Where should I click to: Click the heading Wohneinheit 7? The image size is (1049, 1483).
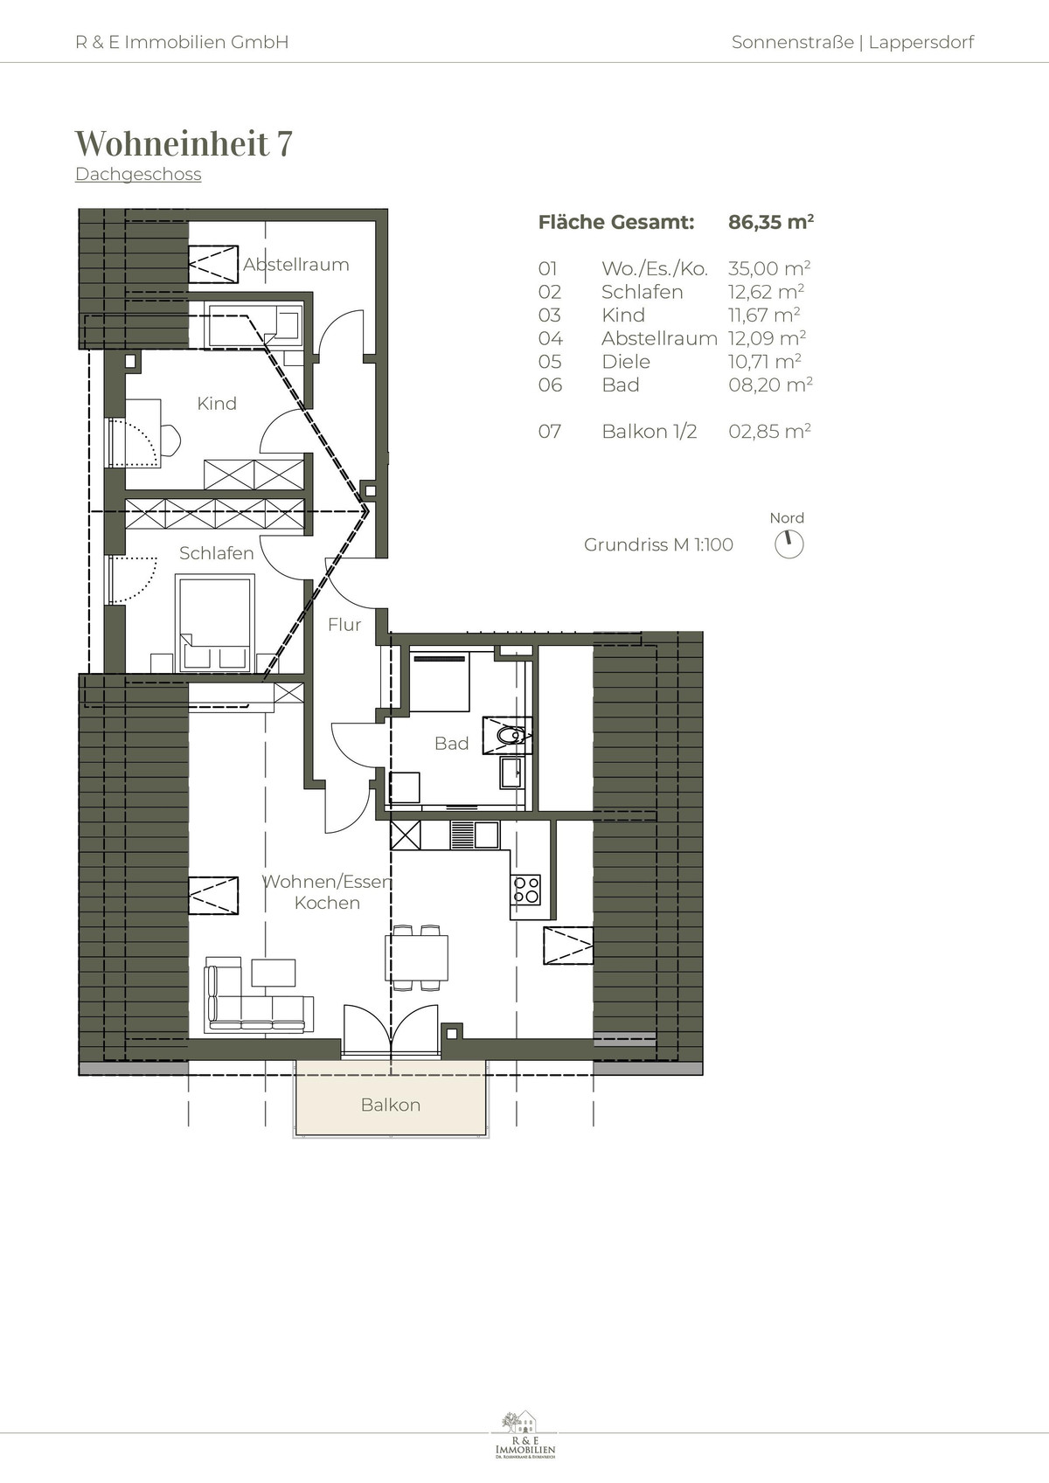pos(184,143)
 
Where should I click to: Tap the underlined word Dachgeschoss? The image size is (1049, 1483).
pos(138,174)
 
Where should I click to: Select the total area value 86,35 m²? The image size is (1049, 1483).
pos(771,222)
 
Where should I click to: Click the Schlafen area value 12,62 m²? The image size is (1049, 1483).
pos(767,291)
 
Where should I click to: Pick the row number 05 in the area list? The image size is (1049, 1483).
pos(550,362)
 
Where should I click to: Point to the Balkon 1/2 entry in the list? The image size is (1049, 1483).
pos(649,431)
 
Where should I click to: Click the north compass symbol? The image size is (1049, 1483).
pos(789,544)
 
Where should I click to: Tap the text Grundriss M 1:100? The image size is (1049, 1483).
pos(658,544)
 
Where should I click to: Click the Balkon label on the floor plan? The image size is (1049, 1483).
pos(391,1105)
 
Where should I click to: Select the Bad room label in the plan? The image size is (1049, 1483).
pos(452,744)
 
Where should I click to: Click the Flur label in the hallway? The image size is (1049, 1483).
pos(344,624)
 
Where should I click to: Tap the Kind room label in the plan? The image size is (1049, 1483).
pos(217,403)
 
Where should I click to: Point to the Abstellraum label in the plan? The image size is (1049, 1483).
pos(296,265)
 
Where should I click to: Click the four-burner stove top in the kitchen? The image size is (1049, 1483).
pos(526,890)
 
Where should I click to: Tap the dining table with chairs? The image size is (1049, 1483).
pos(417,957)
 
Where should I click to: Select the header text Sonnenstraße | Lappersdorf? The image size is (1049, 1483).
pos(853,42)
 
